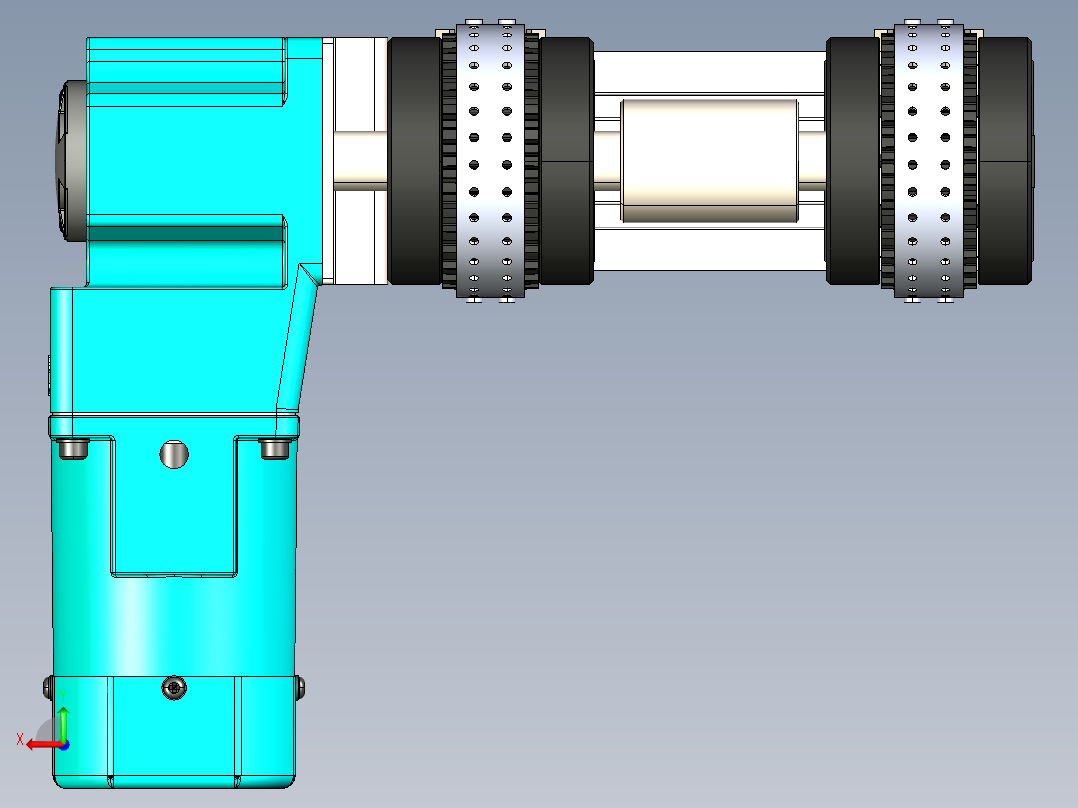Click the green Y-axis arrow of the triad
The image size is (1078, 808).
(x=63, y=723)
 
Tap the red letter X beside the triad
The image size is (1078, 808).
(x=20, y=739)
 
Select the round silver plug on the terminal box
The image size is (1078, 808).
(x=174, y=454)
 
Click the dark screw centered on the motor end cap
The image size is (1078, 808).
(x=174, y=687)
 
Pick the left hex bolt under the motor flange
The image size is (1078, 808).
(x=73, y=448)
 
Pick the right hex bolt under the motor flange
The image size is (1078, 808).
(x=275, y=448)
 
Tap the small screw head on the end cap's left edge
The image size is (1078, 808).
(x=48, y=688)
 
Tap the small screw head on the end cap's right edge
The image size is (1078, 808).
(x=300, y=688)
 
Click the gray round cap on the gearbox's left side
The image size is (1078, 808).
(x=72, y=161)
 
